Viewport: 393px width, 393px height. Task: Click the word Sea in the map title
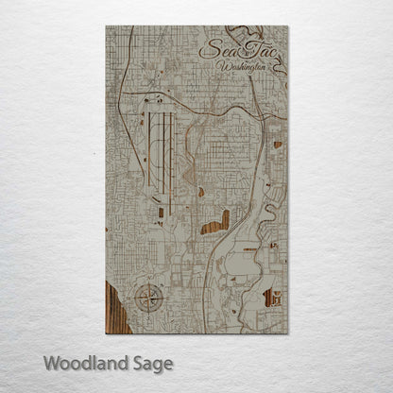pyautogui.click(x=220, y=52)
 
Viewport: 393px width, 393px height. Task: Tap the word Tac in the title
pyautogui.click(x=261, y=53)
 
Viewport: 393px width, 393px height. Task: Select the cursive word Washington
pyautogui.click(x=243, y=69)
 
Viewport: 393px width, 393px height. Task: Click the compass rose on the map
pyautogui.click(x=148, y=299)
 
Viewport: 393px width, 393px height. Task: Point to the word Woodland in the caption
pyautogui.click(x=82, y=363)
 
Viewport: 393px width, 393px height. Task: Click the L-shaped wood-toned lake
pyautogui.click(x=216, y=223)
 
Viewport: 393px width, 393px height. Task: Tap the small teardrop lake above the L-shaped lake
pyautogui.click(x=200, y=192)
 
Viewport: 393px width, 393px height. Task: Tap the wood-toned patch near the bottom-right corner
pyautogui.click(x=272, y=298)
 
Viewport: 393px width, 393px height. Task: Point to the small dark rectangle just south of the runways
pyautogui.click(x=161, y=213)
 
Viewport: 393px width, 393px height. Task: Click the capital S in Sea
pyautogui.click(x=209, y=51)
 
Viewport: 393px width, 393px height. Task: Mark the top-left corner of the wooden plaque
pyautogui.click(x=107, y=26)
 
